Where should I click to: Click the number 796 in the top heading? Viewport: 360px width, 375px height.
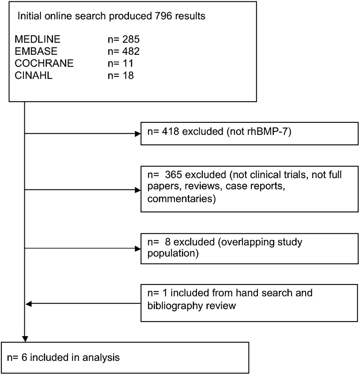click(x=164, y=16)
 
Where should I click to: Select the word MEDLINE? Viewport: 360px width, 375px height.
click(x=37, y=39)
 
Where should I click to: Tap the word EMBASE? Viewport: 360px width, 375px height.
click(x=36, y=51)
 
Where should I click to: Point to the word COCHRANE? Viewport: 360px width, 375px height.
click(x=44, y=63)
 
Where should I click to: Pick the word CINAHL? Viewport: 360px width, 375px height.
click(x=33, y=75)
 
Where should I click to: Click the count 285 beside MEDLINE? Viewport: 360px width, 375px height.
click(x=131, y=39)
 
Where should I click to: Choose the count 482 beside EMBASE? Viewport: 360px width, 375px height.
click(x=131, y=51)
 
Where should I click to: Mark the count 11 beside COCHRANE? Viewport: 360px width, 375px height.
click(x=127, y=63)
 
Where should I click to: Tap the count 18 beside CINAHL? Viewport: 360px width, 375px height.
click(x=128, y=75)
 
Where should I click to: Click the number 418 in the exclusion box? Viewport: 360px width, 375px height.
click(x=170, y=131)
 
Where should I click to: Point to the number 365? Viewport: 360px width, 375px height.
click(x=173, y=174)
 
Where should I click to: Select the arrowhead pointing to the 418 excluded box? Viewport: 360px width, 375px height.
click(x=138, y=134)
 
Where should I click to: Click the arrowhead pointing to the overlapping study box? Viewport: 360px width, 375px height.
click(x=138, y=248)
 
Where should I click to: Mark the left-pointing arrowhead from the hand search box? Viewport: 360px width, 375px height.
click(x=29, y=304)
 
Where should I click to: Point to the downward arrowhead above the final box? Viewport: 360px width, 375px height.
click(x=25, y=339)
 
